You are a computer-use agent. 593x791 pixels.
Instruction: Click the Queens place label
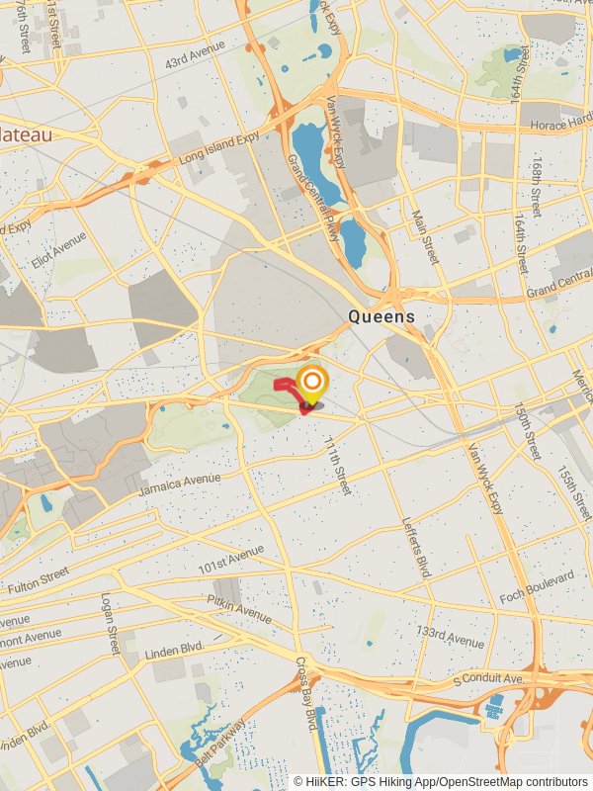coord(381,316)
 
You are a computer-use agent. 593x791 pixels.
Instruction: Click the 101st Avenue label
coord(230,558)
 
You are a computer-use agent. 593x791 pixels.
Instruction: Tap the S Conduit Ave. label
coord(487,678)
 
